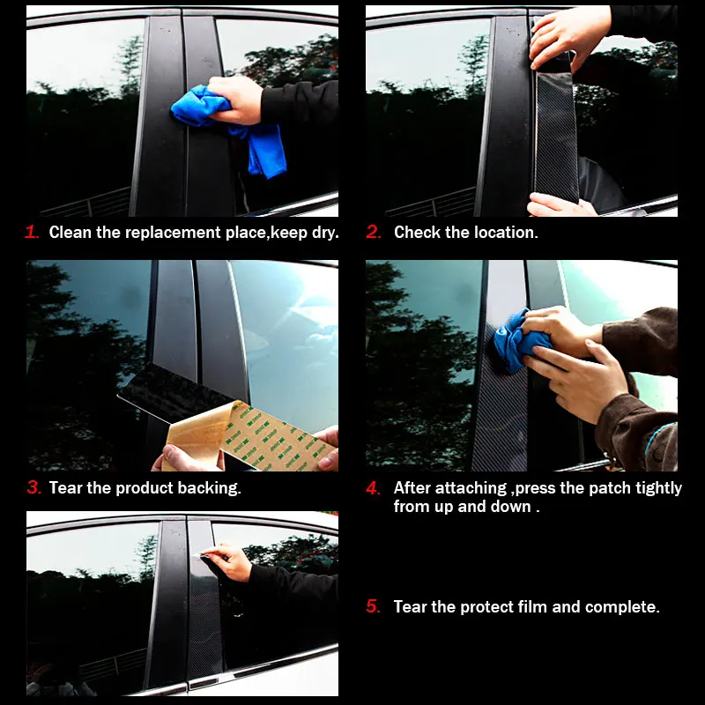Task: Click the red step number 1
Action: [32, 233]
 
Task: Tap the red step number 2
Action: [374, 233]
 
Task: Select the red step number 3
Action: [33, 487]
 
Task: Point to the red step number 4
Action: [374, 487]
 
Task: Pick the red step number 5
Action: [374, 606]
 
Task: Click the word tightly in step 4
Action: [652, 487]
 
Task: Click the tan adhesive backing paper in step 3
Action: [264, 436]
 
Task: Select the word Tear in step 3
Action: [65, 487]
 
